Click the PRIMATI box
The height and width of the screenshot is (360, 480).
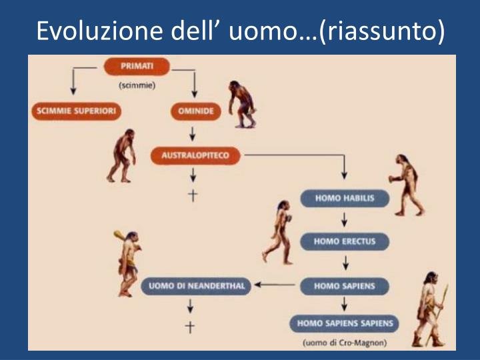pyautogui.click(x=137, y=66)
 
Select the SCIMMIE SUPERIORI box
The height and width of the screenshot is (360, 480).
pyautogui.click(x=76, y=111)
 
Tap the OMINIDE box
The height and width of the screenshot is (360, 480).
pyautogui.click(x=195, y=111)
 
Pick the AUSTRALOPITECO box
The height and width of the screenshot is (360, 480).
pyautogui.click(x=195, y=155)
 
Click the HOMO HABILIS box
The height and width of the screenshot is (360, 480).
pyautogui.click(x=345, y=199)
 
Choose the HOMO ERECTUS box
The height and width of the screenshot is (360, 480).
pyautogui.click(x=345, y=241)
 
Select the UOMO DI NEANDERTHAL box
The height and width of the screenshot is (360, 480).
pyautogui.click(x=196, y=286)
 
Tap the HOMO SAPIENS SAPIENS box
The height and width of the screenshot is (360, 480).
pyautogui.click(x=345, y=323)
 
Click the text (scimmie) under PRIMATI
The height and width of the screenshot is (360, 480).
pyautogui.click(x=137, y=85)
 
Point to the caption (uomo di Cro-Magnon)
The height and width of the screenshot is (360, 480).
pyautogui.click(x=345, y=343)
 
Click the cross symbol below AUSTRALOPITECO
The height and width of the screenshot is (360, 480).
pyautogui.click(x=193, y=195)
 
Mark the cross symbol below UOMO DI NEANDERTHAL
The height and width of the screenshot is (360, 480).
pyautogui.click(x=190, y=327)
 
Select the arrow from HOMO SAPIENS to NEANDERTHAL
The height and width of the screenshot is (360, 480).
pyautogui.click(x=275, y=285)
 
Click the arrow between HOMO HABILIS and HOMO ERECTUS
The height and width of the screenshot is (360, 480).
pyautogui.click(x=345, y=219)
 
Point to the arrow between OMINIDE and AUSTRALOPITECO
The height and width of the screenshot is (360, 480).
pyautogui.click(x=192, y=134)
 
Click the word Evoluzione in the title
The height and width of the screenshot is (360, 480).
pyautogui.click(x=99, y=31)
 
